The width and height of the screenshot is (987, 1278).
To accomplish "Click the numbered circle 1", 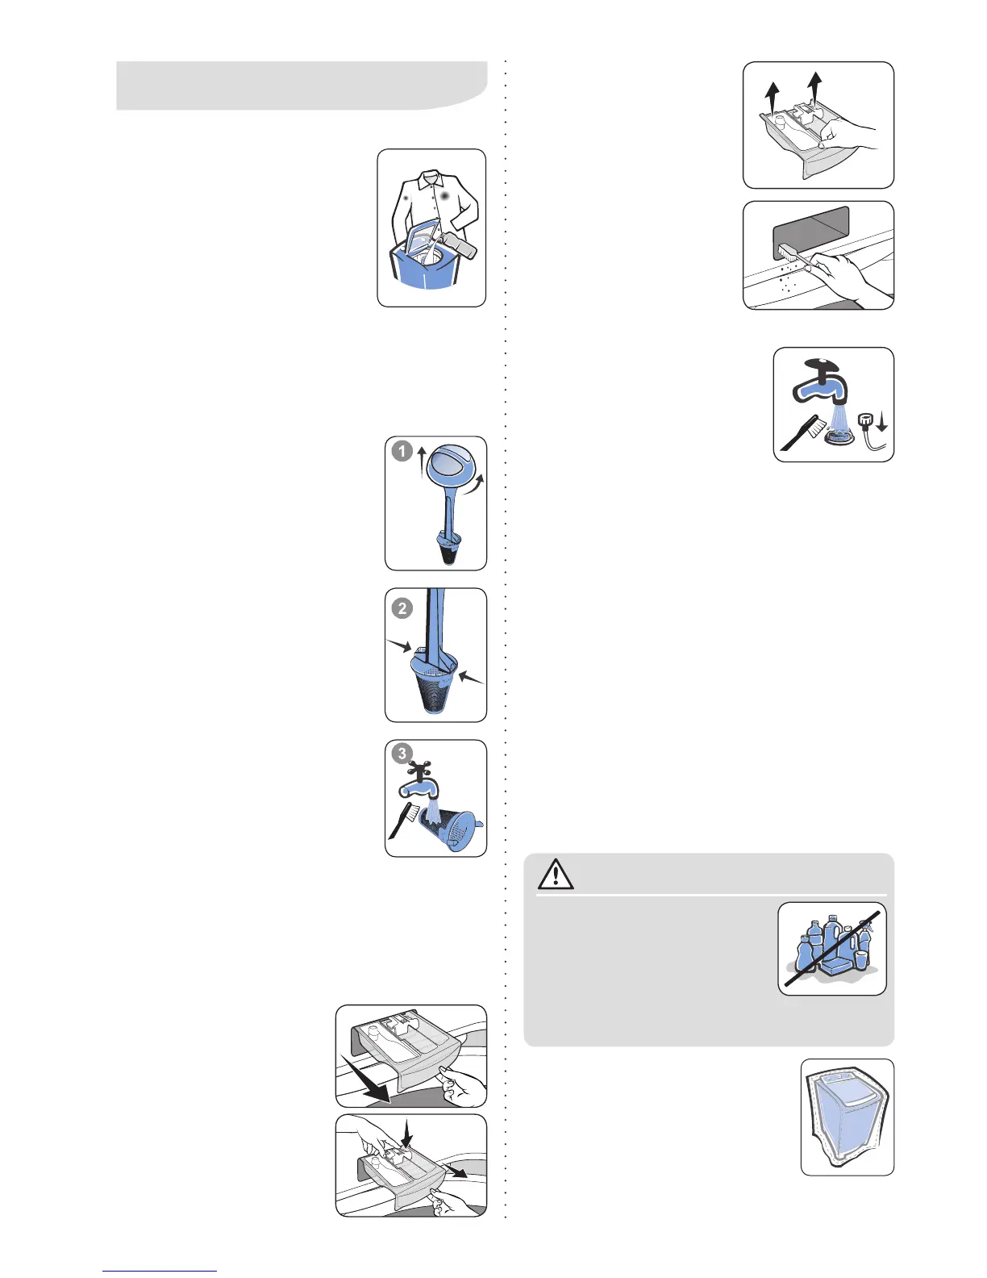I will coord(402,452).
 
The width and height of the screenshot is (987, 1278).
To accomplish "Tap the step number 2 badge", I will coord(402,608).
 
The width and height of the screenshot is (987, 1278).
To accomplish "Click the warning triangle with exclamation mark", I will coord(556,875).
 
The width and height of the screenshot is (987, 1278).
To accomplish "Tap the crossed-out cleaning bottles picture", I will coord(832,949).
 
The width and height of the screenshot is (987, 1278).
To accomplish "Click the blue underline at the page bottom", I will coord(159,1271).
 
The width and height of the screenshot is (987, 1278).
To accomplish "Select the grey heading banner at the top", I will coord(302,85).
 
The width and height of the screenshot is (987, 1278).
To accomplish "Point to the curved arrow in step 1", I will coord(477,485).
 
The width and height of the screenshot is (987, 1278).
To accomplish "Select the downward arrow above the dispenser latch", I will coord(406,1137).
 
